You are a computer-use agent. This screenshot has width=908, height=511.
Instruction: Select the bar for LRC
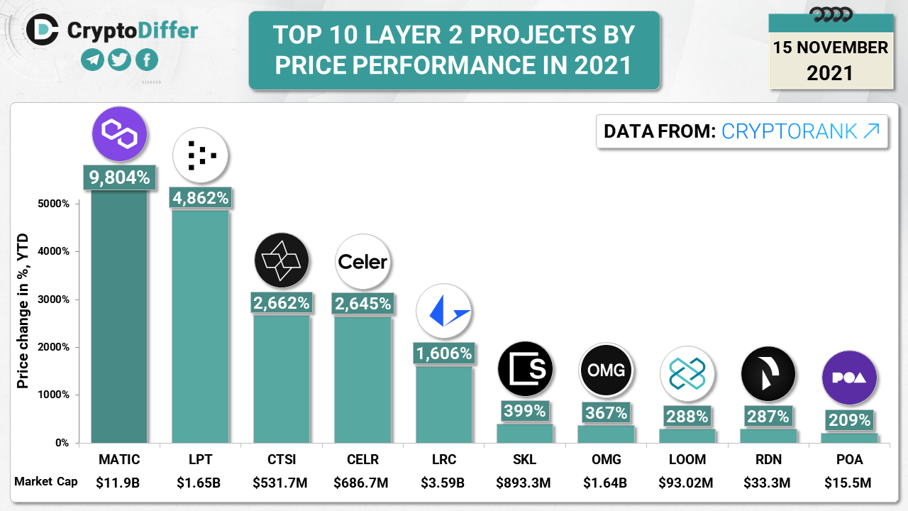click(x=443, y=405)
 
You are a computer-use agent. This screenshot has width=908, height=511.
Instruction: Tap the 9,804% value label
click(x=119, y=177)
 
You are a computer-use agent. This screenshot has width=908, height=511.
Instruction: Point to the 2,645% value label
click(x=362, y=304)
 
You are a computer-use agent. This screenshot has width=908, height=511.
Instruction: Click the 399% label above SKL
click(x=524, y=411)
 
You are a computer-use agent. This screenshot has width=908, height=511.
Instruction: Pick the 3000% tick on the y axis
click(x=54, y=300)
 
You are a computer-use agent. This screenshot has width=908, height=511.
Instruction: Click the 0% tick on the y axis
click(x=62, y=443)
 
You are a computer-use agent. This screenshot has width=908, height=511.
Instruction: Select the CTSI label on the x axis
click(x=282, y=459)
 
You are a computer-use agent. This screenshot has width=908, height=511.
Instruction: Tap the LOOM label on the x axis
click(x=687, y=459)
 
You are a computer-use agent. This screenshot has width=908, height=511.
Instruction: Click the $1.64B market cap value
click(x=605, y=483)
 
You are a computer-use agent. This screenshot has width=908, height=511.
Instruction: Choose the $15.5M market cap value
click(x=848, y=483)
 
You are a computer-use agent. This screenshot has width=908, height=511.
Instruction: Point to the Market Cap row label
click(x=46, y=482)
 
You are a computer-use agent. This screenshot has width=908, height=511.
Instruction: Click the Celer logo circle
click(x=362, y=263)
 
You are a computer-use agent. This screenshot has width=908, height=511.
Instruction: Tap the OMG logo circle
click(x=606, y=370)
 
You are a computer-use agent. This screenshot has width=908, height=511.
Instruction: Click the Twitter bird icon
click(x=120, y=60)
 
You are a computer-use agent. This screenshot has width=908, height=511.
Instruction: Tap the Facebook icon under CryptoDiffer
click(x=146, y=60)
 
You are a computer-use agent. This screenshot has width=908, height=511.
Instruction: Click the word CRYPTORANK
click(x=789, y=131)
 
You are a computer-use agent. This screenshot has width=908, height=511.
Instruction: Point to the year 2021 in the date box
click(x=830, y=72)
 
